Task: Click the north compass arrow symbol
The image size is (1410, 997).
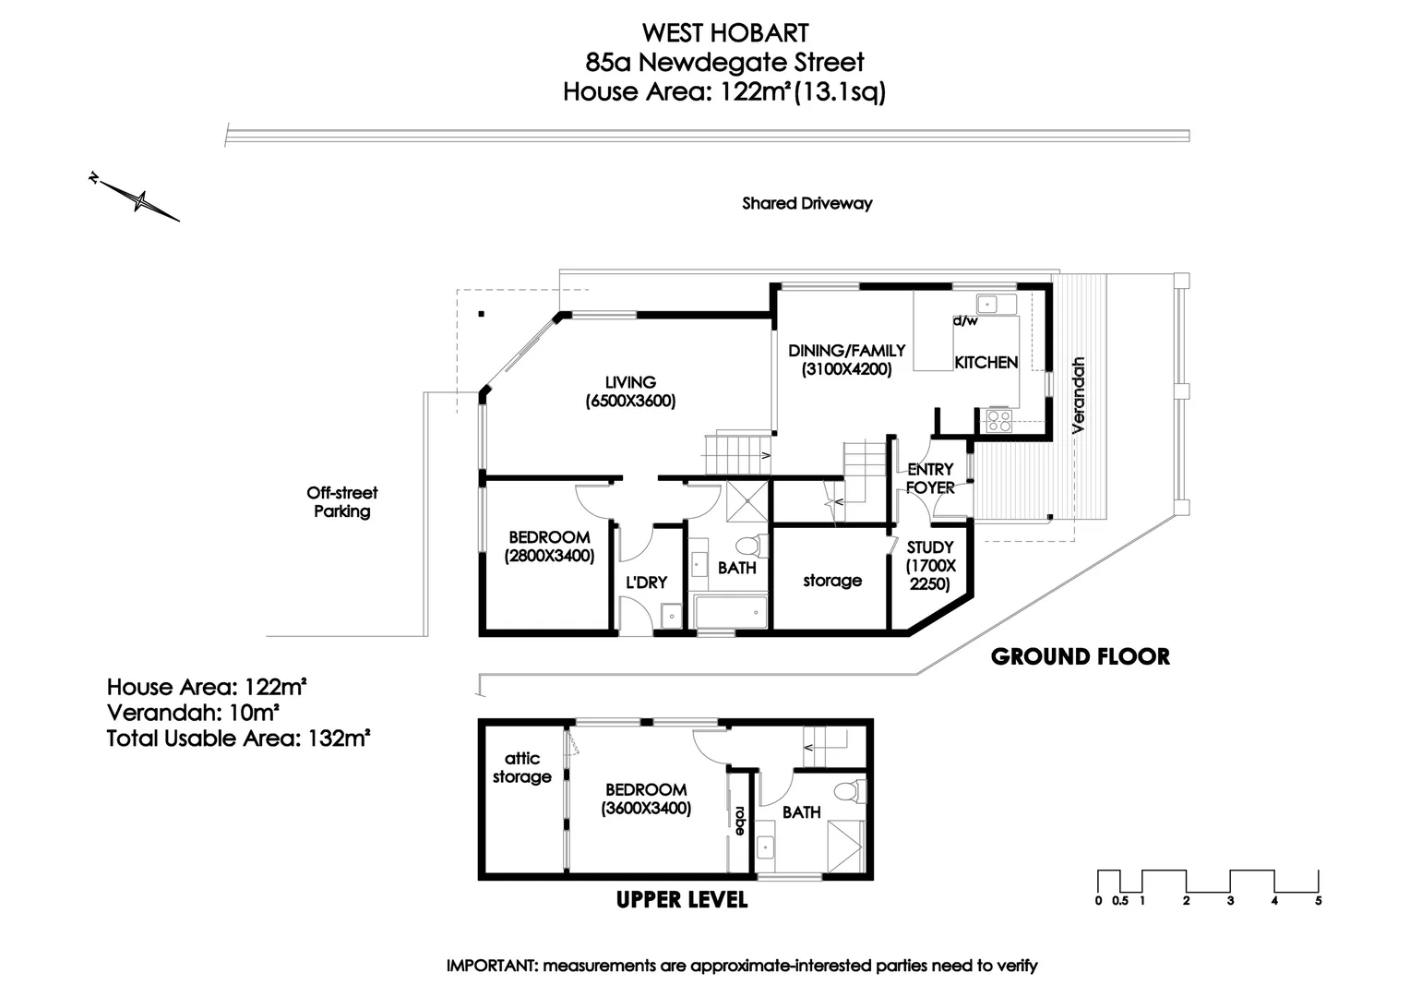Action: [134, 197]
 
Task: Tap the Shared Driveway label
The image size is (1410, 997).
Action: [807, 203]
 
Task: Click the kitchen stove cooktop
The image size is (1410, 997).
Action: [999, 421]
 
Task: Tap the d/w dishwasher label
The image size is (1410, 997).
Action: [965, 320]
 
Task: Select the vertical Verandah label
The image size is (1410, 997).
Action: [1079, 395]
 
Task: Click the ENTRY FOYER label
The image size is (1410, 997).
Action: [930, 479]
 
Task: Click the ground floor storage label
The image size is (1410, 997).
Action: [832, 580]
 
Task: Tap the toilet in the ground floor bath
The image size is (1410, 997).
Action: [752, 546]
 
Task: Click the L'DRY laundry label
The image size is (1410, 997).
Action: [647, 583]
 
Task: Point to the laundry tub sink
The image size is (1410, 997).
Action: [672, 616]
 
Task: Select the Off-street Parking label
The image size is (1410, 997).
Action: [342, 502]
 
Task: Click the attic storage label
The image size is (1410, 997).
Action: [521, 767]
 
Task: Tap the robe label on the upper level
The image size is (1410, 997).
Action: [740, 821]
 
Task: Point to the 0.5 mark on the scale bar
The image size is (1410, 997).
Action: [1120, 901]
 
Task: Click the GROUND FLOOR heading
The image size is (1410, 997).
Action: [1081, 657]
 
